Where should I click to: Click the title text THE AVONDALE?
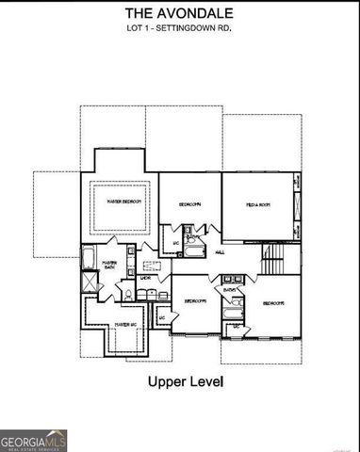point(180,13)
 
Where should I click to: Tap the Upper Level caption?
point(183,382)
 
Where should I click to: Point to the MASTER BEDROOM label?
point(123,202)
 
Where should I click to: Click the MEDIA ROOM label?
point(259,204)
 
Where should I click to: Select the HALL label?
point(220,252)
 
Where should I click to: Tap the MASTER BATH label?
point(109,266)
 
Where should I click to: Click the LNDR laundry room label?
point(146,278)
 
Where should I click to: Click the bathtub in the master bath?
point(90,258)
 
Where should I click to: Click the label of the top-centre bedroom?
point(191,204)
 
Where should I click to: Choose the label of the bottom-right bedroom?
point(273,302)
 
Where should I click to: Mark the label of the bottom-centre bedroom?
point(195,300)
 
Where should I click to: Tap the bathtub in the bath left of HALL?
point(193,250)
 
